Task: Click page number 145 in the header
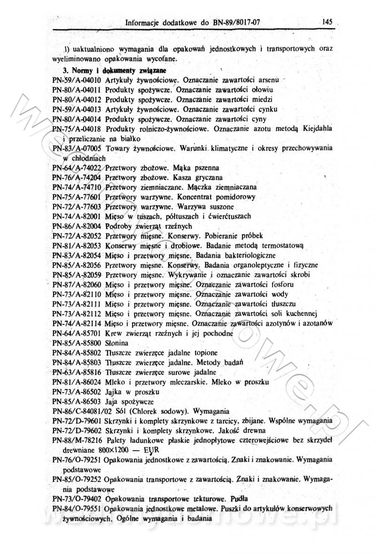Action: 328,21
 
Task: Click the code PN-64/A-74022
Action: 78,168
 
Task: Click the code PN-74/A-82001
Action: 78,216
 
